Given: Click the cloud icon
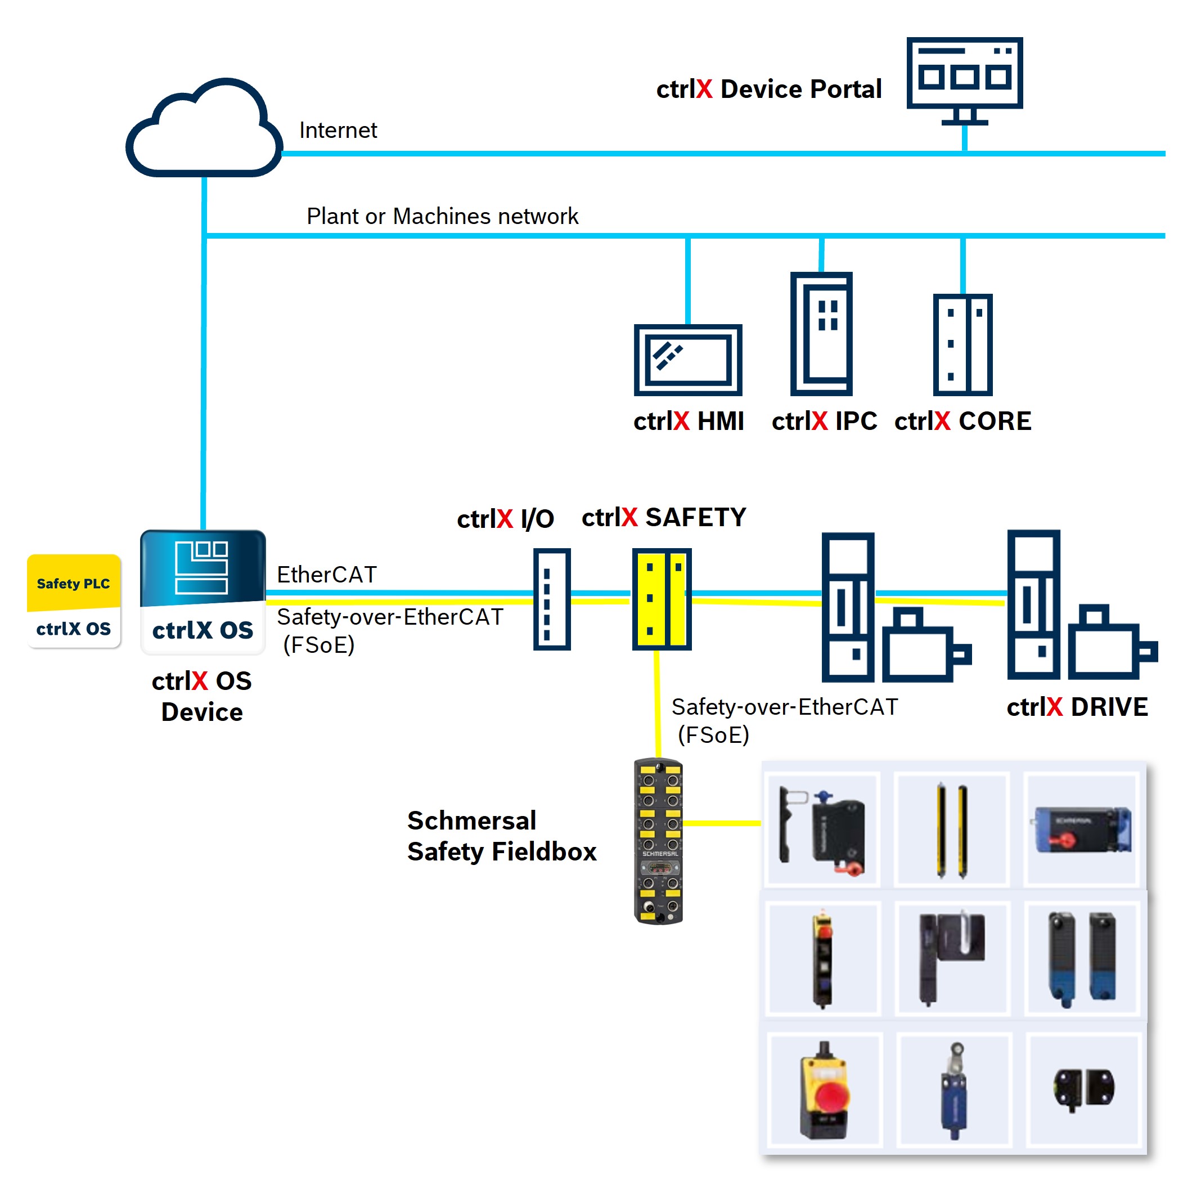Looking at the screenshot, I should (x=204, y=130).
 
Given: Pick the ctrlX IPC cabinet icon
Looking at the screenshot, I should (x=821, y=334).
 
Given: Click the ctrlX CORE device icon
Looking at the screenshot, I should (x=962, y=344).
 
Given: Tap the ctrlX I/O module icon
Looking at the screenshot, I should (x=552, y=599).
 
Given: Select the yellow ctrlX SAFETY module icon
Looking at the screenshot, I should (x=661, y=599).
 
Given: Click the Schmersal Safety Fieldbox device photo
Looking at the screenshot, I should (x=658, y=840).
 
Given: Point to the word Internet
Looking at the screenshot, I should (x=338, y=131).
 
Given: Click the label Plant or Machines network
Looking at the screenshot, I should (x=442, y=216).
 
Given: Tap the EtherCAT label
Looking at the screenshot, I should (x=326, y=574).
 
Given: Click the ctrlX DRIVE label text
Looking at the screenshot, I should (x=1077, y=706).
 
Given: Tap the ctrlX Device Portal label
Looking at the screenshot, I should (x=768, y=89).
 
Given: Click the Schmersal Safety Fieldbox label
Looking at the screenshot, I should (x=501, y=835).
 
